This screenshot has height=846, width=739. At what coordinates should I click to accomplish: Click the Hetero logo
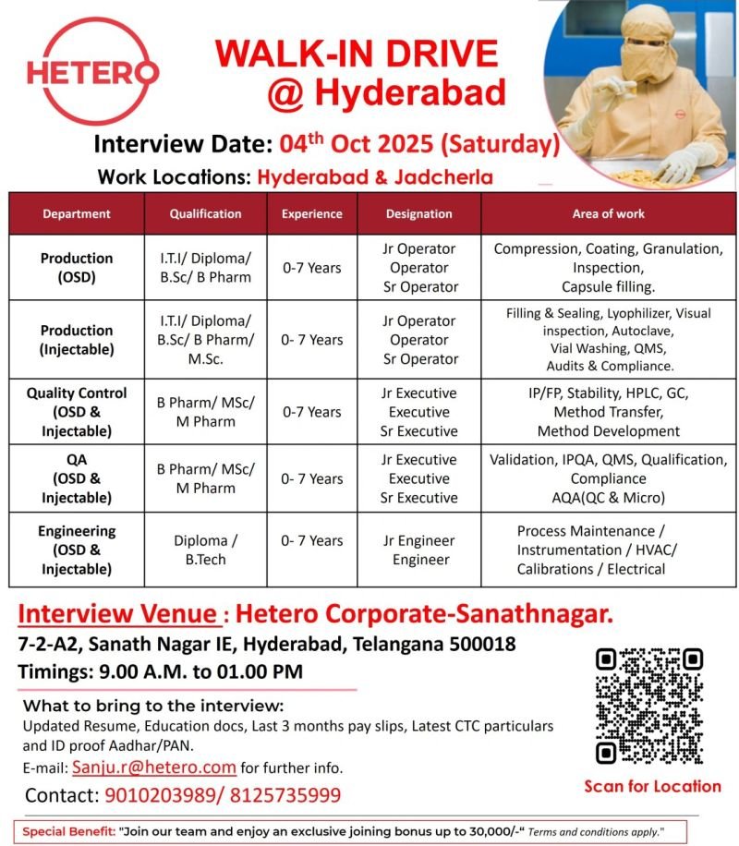tap(91, 71)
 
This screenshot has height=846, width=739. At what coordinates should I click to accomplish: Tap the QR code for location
tap(650, 706)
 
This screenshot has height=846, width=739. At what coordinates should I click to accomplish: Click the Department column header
tap(77, 213)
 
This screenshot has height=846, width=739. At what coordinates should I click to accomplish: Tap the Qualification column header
tap(205, 213)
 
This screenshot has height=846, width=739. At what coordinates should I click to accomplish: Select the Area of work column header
tap(608, 213)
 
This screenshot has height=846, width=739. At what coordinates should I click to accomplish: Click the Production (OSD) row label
tap(77, 268)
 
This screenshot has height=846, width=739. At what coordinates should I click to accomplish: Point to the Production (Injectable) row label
tap(77, 339)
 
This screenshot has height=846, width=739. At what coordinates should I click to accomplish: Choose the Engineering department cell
tap(77, 550)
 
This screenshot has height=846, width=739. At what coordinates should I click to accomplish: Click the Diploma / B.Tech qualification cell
tap(205, 550)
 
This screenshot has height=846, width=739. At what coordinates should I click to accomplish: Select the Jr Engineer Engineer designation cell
tap(419, 550)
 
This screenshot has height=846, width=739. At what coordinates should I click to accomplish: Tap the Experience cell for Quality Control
tap(311, 412)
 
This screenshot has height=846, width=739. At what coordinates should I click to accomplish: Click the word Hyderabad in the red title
tap(410, 92)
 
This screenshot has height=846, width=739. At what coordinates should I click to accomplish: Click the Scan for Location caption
tap(652, 786)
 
